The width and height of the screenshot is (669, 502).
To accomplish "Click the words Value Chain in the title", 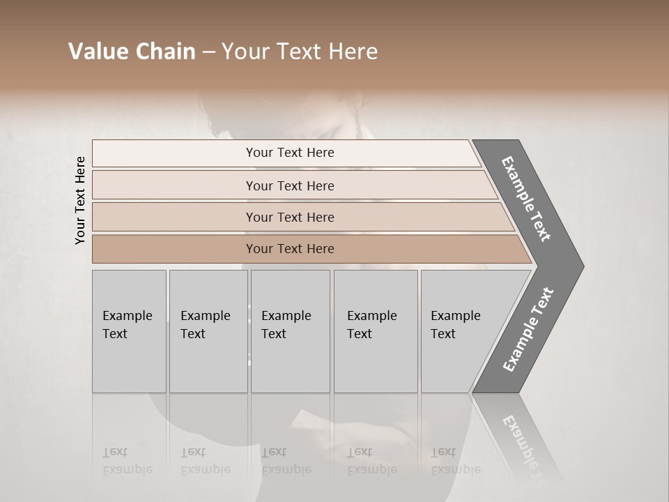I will (132, 52).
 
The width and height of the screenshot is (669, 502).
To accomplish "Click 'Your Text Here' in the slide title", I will (300, 52).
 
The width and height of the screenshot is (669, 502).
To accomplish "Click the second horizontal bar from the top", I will (289, 185).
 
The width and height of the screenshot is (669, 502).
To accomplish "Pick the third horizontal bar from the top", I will (289, 217).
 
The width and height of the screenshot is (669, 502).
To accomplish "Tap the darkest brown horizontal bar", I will (289, 249).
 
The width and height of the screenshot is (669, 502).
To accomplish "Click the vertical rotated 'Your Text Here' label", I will (80, 200).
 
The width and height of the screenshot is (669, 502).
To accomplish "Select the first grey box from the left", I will (129, 331).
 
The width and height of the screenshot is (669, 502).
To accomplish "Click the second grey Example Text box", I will (208, 331).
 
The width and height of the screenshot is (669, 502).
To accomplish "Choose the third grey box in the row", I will (290, 331).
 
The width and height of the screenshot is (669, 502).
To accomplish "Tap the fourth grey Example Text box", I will (375, 331).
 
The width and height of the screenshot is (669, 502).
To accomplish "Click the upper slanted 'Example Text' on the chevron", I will (526, 199).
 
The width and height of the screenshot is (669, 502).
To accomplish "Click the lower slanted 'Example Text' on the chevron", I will (528, 330).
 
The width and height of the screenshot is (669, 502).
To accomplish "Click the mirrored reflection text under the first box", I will (127, 461).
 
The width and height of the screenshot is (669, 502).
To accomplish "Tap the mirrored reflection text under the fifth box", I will (456, 461).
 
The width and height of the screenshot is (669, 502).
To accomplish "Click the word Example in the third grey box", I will (286, 316).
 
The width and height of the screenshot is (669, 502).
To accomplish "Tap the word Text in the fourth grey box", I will (360, 334).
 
